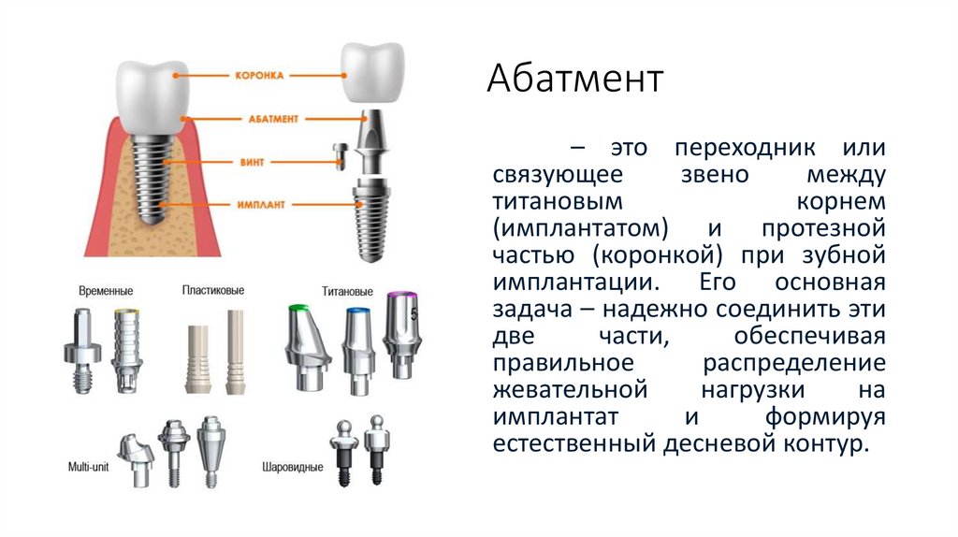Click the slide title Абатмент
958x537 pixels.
(574, 80)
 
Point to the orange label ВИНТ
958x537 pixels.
(254, 163)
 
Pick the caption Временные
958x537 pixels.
(105, 292)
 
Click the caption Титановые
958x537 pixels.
(346, 291)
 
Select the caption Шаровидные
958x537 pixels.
(292, 466)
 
